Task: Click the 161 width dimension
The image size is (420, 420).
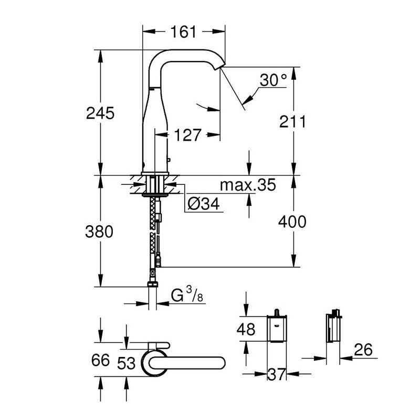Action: pyautogui.click(x=183, y=31)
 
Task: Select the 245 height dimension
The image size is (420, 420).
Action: pyautogui.click(x=100, y=113)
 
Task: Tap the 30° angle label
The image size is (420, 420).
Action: pyautogui.click(x=273, y=80)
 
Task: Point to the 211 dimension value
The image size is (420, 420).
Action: pyautogui.click(x=292, y=122)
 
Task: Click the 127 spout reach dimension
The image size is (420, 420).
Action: pyautogui.click(x=187, y=135)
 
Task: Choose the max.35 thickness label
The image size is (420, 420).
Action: pyautogui.click(x=248, y=185)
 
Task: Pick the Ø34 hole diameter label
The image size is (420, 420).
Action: pyautogui.click(x=204, y=204)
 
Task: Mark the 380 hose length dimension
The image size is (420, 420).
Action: pyautogui.click(x=99, y=232)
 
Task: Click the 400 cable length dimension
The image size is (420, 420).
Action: pyautogui.click(x=292, y=222)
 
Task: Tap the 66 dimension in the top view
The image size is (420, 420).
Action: pyautogui.click(x=100, y=360)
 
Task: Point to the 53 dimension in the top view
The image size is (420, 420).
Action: pyautogui.click(x=127, y=363)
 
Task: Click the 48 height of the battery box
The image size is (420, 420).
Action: pyautogui.click(x=246, y=329)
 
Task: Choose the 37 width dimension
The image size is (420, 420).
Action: pyautogui.click(x=277, y=374)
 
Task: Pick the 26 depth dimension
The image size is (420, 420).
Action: pyautogui.click(x=363, y=350)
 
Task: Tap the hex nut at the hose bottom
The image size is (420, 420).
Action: pyautogui.click(x=153, y=284)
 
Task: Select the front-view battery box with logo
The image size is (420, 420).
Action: pyautogui.click(x=277, y=329)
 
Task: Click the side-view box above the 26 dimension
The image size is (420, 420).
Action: pyautogui.click(x=333, y=327)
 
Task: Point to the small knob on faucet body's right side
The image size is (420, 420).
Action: pyautogui.click(x=169, y=160)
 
